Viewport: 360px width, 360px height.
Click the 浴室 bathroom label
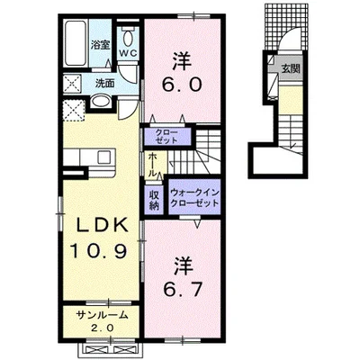click(101, 46)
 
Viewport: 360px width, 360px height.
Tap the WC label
click(129, 54)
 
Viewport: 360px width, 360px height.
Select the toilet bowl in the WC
click(129, 39)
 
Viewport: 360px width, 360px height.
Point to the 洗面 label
click(104, 83)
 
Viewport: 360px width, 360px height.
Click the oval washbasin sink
click(101, 101)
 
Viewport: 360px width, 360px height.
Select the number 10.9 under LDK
click(98, 250)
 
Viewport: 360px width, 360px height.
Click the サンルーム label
click(103, 315)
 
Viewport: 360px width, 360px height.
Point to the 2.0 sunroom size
click(103, 328)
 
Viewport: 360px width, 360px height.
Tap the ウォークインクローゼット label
click(194, 197)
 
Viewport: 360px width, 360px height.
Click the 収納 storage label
click(155, 201)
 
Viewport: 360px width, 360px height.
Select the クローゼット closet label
click(166, 137)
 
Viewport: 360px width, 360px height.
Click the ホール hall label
click(153, 165)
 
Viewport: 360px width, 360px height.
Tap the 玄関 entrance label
click(291, 69)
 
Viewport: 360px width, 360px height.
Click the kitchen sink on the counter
click(103, 157)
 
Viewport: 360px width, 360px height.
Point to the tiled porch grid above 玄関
click(286, 26)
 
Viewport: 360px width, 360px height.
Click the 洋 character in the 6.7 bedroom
click(183, 266)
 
